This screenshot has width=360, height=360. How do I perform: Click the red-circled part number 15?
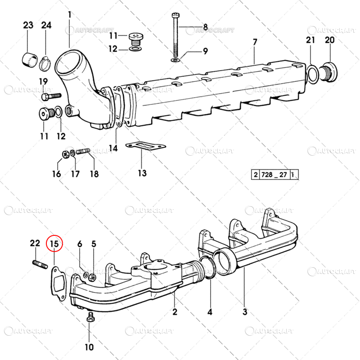point(54,243)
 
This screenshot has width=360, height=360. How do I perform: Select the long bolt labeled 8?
point(175,36)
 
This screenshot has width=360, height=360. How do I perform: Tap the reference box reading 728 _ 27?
point(274,175)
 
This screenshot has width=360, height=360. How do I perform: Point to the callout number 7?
point(255,42)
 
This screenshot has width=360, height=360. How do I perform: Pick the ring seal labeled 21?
point(313,74)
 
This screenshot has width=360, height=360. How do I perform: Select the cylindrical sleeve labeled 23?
point(30,60)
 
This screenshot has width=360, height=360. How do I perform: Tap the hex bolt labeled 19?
point(51,96)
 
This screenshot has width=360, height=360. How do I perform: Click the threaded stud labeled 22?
point(40,264)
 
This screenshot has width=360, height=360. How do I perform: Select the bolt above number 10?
point(90,317)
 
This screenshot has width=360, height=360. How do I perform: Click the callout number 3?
point(245,311)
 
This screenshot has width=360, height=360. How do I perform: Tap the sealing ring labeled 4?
point(208,268)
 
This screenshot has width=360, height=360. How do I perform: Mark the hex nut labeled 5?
point(92,277)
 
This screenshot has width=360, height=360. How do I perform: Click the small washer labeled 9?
point(175,60)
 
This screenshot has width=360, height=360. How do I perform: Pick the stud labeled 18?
point(83,152)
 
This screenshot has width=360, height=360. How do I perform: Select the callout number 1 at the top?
point(70,15)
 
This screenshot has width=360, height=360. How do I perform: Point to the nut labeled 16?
point(66,154)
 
